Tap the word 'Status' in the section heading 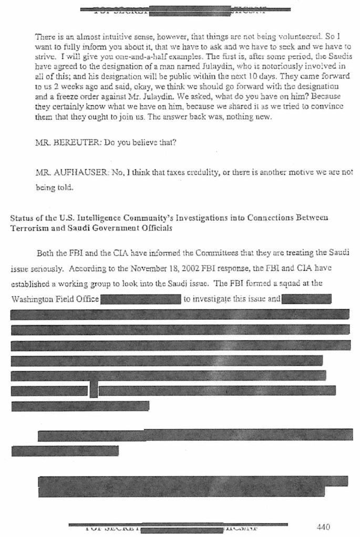[x=22, y=218]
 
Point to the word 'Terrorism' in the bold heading [x=28, y=227]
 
